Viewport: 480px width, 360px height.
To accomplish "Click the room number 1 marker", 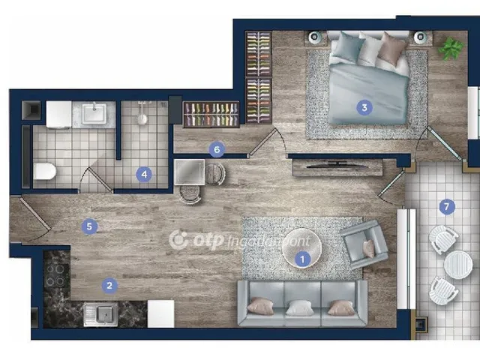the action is click(x=302, y=259).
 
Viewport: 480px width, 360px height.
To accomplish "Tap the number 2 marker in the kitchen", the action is click(x=109, y=286).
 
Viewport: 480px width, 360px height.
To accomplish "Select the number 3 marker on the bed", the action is click(x=364, y=107).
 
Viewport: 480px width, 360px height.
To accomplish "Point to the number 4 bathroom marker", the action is click(x=144, y=175).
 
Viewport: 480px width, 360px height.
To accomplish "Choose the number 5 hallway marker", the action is click(x=89, y=226).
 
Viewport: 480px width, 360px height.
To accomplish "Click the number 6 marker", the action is click(x=217, y=150).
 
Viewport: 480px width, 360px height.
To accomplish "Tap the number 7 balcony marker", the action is click(x=447, y=207).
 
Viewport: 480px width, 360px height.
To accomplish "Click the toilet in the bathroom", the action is click(x=45, y=171).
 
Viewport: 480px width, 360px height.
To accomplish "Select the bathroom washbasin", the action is click(x=94, y=113).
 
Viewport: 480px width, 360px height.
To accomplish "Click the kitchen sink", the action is click(x=101, y=314).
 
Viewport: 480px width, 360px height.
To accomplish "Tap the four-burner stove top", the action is click(x=56, y=274).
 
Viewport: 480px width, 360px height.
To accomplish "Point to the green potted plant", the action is click(x=451, y=49).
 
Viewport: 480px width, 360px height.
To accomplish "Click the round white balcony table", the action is click(x=458, y=265).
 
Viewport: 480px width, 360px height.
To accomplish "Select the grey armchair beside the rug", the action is click(x=364, y=244).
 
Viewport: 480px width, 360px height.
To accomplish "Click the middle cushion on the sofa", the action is click(x=300, y=307).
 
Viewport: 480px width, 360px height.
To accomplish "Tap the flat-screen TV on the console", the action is click(x=337, y=165).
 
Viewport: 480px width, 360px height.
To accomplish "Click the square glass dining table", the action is click(x=190, y=172).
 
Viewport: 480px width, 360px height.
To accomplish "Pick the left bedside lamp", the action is click(x=314, y=37).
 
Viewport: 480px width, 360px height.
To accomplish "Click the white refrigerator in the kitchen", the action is click(x=161, y=313).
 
